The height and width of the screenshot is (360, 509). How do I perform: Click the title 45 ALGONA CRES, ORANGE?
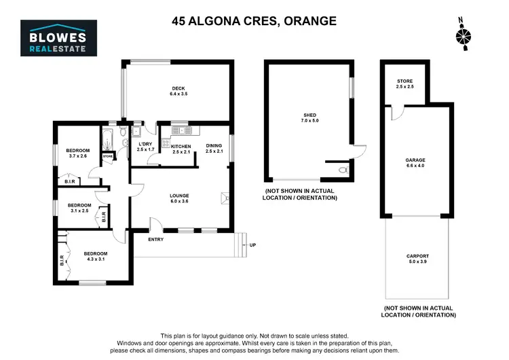click(254, 21)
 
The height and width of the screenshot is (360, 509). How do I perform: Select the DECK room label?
click(178, 90)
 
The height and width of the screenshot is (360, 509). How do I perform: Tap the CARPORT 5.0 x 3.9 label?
click(418, 259)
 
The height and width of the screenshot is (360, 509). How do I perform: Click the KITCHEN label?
click(181, 149)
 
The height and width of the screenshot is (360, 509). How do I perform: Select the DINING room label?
click(214, 148)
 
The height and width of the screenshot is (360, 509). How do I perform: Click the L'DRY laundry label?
click(145, 147)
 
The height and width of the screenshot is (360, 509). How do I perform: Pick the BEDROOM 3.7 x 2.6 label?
click(78, 153)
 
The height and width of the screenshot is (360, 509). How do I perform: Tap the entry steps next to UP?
click(241, 245)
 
